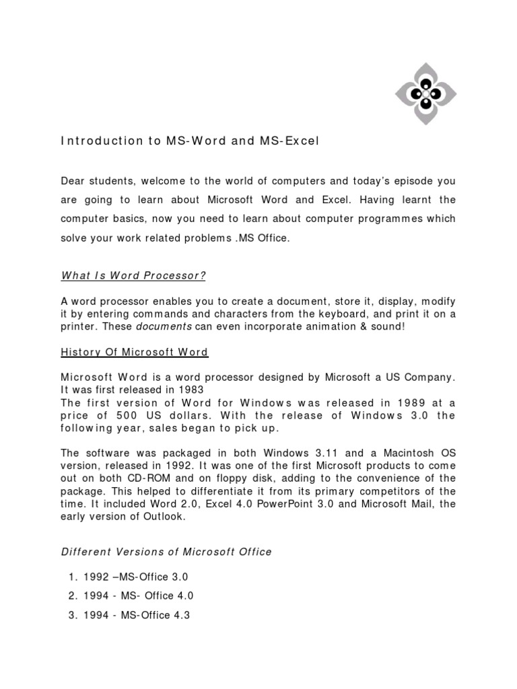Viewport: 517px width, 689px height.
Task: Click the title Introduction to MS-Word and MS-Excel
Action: (x=190, y=141)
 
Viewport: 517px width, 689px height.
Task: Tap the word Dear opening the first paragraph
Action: (x=74, y=181)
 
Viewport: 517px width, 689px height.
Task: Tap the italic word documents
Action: (x=164, y=326)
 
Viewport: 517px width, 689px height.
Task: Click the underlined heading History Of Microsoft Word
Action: (x=135, y=353)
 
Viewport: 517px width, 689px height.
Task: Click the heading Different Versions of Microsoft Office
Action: (x=167, y=552)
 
